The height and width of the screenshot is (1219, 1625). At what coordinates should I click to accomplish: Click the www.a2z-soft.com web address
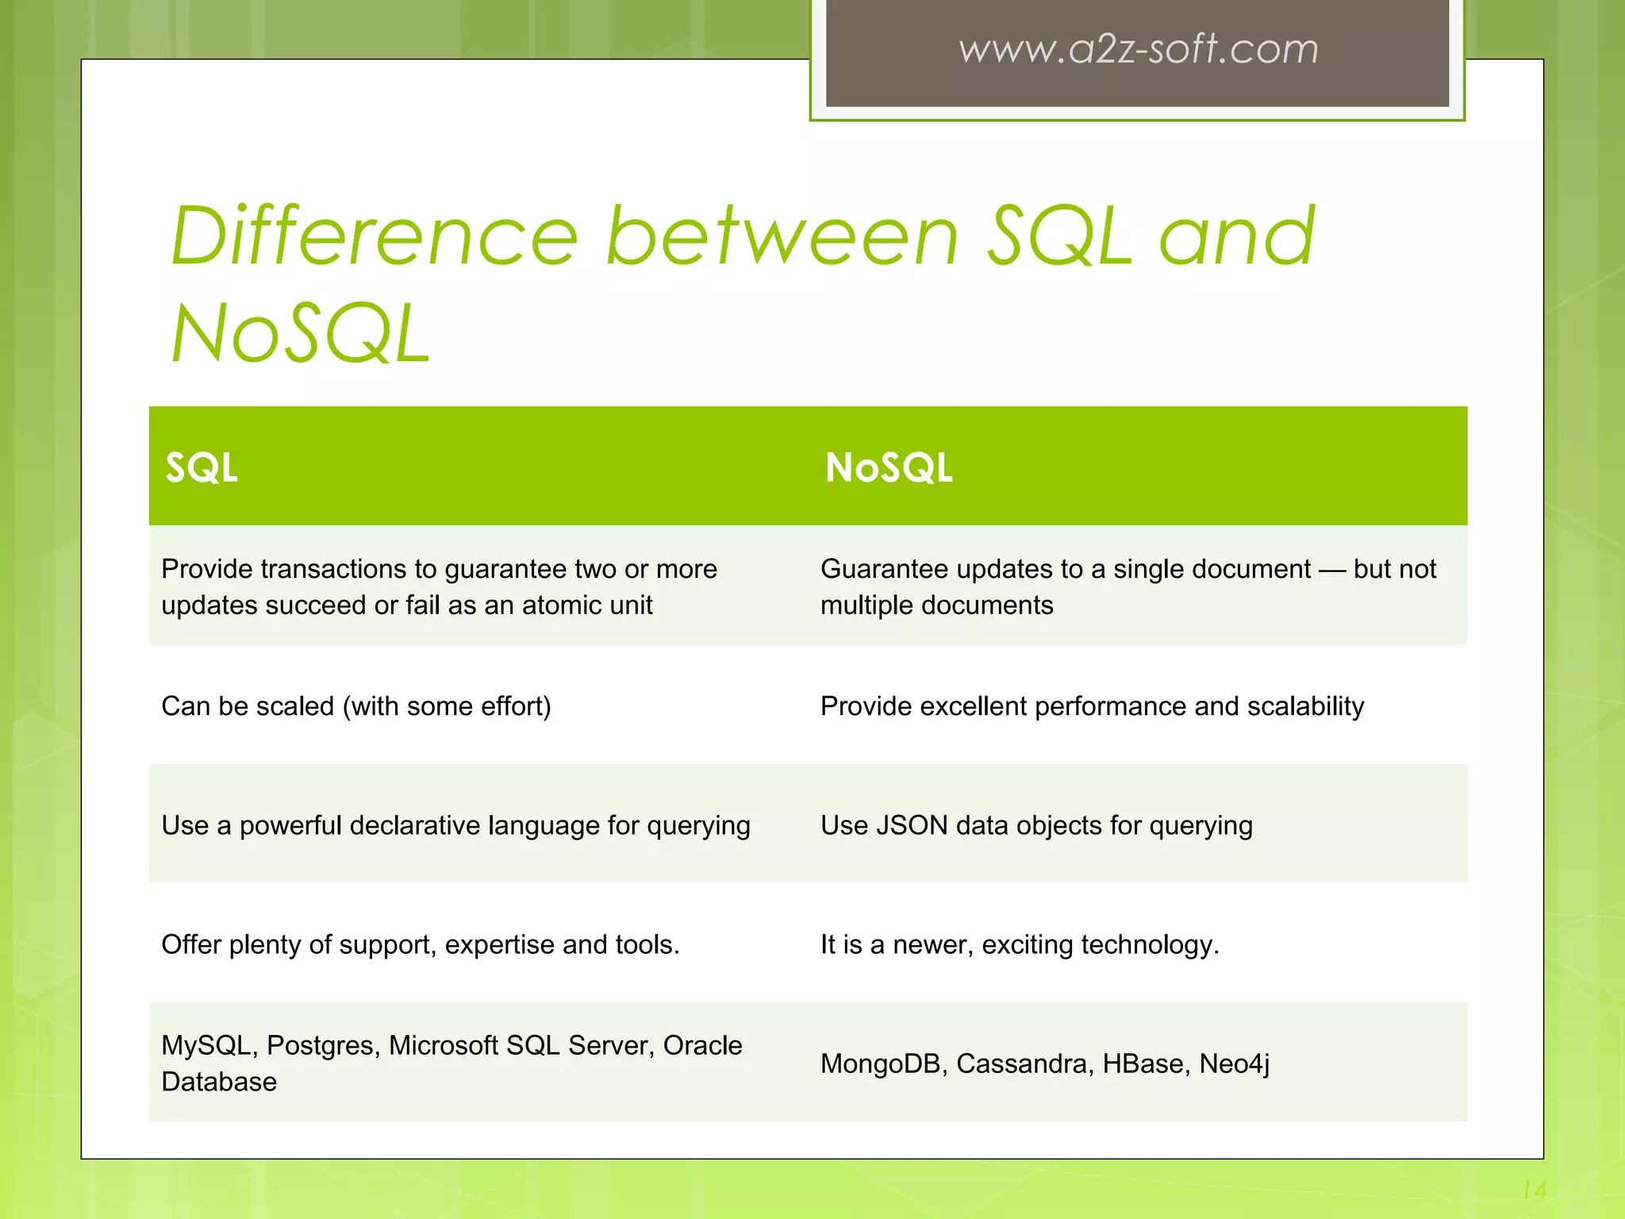pos(1138,49)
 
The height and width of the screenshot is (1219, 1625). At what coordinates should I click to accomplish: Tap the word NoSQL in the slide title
pos(302,335)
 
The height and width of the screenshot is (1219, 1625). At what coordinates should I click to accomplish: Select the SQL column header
pos(201,467)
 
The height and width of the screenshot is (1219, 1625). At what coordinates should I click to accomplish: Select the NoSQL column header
pos(889,467)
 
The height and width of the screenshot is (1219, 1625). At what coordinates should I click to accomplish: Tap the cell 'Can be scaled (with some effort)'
pos(356,706)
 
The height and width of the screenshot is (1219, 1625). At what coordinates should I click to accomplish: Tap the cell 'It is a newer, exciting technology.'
pos(1020,944)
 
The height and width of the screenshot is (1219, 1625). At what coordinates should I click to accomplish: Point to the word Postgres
pos(323,1046)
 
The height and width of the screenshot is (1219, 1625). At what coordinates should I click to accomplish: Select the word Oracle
pos(702,1046)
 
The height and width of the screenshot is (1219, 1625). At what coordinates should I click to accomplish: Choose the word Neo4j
pos(1234,1064)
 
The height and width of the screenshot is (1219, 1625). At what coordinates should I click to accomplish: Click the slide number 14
pos(1534,1190)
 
